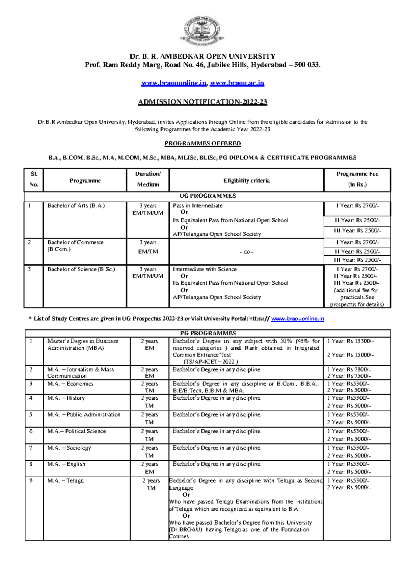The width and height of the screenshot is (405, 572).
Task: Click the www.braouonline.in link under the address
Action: pyautogui.click(x=174, y=83)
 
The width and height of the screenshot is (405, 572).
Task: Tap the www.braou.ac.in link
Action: pyautogui.click(x=237, y=83)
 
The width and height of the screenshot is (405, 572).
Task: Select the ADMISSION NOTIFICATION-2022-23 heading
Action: pyautogui.click(x=202, y=102)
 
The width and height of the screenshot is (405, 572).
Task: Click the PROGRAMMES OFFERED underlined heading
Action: pyautogui.click(x=202, y=143)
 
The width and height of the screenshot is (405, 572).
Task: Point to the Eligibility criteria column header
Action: pyautogui.click(x=246, y=180)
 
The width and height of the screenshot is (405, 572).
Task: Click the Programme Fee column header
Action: pyautogui.click(x=357, y=179)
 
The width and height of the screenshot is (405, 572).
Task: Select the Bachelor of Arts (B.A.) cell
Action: pyautogui.click(x=76, y=205)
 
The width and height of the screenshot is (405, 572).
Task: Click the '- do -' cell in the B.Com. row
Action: pyautogui.click(x=246, y=252)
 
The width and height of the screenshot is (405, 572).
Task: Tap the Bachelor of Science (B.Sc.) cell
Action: pyautogui.click(x=81, y=269)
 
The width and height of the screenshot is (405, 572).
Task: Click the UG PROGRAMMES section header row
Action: pyautogui.click(x=208, y=196)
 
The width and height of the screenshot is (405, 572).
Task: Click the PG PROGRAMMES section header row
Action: pyautogui.click(x=208, y=333)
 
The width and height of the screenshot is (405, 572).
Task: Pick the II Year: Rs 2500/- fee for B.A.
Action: pyautogui.click(x=357, y=220)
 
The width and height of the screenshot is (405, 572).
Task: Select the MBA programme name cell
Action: pyautogui.click(x=83, y=344)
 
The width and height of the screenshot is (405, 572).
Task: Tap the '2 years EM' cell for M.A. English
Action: pyautogui.click(x=149, y=468)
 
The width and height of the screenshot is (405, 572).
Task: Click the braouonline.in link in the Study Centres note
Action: pyautogui.click(x=297, y=318)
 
